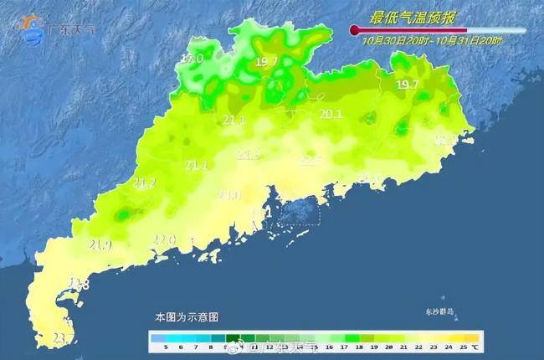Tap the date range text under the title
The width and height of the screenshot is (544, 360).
(433, 39)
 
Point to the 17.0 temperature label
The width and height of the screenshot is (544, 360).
(192, 59)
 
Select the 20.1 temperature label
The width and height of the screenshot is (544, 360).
(331, 115)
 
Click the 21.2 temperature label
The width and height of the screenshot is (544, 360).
(144, 183)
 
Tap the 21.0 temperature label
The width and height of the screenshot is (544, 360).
(228, 195)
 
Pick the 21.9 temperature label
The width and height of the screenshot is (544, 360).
(100, 244)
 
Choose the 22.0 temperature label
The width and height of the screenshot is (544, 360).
(164, 240)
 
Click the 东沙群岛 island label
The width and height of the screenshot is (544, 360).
(439, 312)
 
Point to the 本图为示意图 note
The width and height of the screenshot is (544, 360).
(187, 318)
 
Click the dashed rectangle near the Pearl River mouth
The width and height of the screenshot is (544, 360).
(300, 213)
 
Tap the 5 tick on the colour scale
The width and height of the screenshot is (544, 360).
(166, 346)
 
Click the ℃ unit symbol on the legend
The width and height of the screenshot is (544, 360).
(475, 346)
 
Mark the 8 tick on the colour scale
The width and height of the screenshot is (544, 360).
(210, 346)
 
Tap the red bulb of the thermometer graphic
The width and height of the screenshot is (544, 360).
(355, 31)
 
